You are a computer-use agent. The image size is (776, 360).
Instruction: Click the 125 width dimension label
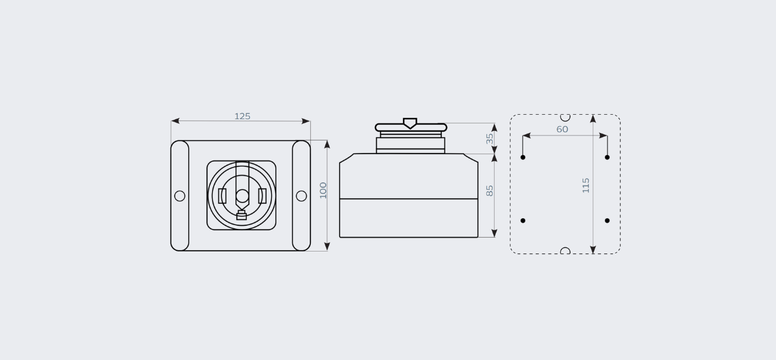243,117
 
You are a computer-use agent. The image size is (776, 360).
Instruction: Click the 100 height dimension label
323,190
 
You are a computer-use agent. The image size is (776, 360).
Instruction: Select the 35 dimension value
490,139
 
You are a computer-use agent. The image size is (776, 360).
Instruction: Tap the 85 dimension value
490,190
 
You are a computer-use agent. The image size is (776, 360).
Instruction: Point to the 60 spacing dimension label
562,130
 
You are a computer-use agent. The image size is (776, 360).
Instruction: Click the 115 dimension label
586,185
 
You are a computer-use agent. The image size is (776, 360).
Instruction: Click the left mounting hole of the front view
180,196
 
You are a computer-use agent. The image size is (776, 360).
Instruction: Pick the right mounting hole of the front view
301,196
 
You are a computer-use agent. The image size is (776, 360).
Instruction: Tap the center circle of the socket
242,196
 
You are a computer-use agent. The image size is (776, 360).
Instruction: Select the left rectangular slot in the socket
223,196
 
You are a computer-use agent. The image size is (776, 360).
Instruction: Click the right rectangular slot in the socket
262,196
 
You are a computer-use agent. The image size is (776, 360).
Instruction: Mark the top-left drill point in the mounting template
523,157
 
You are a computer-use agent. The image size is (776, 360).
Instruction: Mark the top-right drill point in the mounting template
607,157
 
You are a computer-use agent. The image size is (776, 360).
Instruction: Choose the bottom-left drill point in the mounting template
523,221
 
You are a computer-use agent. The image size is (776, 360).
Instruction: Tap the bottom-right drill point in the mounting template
607,221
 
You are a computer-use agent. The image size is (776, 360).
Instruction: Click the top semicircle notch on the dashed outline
565,117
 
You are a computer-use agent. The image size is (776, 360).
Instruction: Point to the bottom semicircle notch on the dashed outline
565,251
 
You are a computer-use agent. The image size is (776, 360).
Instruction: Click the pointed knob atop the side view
410,123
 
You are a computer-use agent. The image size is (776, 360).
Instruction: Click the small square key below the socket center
241,216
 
